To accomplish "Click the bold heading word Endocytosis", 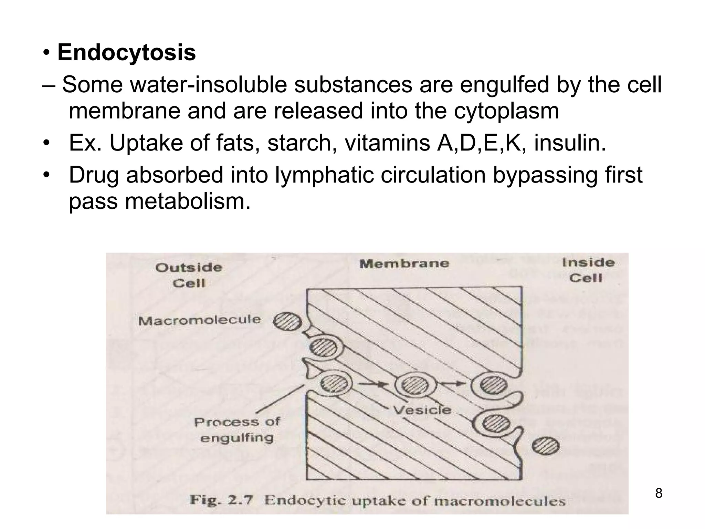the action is (127, 53).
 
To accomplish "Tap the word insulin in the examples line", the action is (570, 143).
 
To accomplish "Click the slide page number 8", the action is (659, 494).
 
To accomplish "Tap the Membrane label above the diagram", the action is (404, 264).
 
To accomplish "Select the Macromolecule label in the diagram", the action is (200, 321).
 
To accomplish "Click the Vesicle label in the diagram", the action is (422, 410).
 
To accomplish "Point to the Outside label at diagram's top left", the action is (189, 268).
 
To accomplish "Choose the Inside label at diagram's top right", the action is (588, 263).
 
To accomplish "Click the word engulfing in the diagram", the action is (237, 438).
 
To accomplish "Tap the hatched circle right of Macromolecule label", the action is (287, 322).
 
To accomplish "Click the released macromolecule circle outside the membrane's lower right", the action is (546, 447).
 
